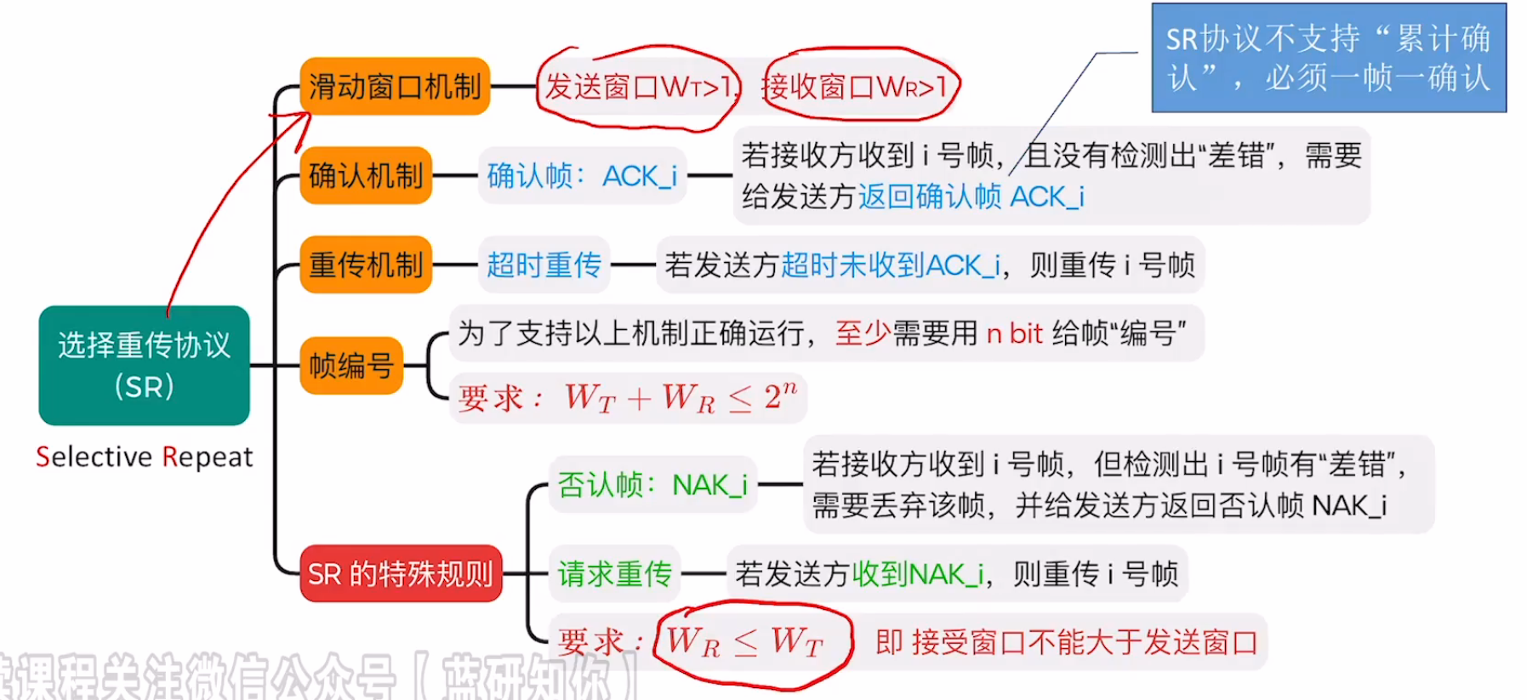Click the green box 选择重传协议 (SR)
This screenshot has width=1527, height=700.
click(x=144, y=366)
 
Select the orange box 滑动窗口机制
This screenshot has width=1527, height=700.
click(x=395, y=87)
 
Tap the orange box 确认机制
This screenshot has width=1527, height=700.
click(x=366, y=176)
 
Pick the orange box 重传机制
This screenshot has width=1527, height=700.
click(x=366, y=265)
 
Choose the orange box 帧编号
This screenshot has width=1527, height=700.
click(x=350, y=366)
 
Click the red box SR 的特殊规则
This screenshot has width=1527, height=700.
click(x=401, y=574)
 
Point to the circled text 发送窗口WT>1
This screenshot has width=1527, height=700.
click(x=638, y=87)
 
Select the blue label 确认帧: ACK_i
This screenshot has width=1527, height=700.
click(x=582, y=176)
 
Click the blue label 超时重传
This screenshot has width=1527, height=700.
click(x=544, y=265)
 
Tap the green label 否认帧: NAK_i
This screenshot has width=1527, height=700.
click(x=652, y=485)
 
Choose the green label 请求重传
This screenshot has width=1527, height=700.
click(x=614, y=574)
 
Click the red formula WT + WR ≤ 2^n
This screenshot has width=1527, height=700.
click(x=681, y=397)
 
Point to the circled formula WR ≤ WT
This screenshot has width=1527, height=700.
click(x=745, y=642)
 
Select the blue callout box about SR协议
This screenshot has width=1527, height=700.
click(x=1328, y=58)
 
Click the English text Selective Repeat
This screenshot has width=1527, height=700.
click(x=144, y=457)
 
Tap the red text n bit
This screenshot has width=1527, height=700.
click(x=1014, y=333)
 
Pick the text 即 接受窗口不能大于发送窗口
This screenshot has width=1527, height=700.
click(x=1067, y=642)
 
